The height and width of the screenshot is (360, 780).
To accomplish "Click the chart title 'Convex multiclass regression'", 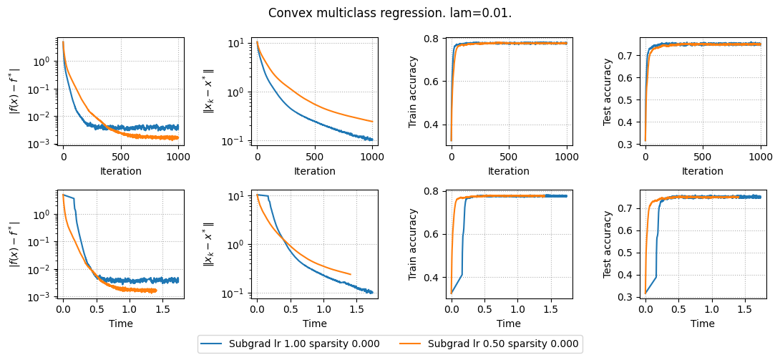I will click(390, 13).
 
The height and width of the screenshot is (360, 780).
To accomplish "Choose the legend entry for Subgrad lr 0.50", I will click(503, 344).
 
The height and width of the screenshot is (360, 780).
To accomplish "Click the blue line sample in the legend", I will click(211, 344).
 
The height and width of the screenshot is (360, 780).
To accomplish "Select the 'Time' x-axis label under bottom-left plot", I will click(120, 323).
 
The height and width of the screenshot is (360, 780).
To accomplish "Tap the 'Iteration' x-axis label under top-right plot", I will click(703, 171).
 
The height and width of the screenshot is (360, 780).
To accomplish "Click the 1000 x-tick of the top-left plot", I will click(178, 156).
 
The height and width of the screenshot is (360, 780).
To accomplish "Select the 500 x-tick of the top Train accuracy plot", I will click(509, 156).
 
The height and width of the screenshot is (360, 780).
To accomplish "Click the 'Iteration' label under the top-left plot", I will click(120, 171).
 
